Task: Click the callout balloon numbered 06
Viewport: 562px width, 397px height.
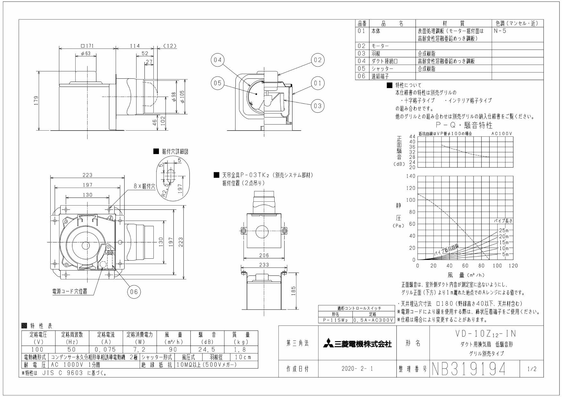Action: click(x=134, y=291)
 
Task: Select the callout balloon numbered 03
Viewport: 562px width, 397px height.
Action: click(x=317, y=106)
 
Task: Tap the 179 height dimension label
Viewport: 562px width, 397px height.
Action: click(x=37, y=100)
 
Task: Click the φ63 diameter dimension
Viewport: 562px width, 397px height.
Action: click(x=86, y=53)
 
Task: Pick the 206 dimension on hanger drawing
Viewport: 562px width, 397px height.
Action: click(x=264, y=255)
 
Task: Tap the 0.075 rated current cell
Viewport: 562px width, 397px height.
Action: click(x=106, y=350)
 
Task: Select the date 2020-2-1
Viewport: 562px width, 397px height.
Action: click(x=357, y=369)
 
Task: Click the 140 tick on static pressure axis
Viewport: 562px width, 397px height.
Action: click(x=411, y=176)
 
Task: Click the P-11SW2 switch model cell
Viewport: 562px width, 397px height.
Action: click(x=335, y=320)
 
